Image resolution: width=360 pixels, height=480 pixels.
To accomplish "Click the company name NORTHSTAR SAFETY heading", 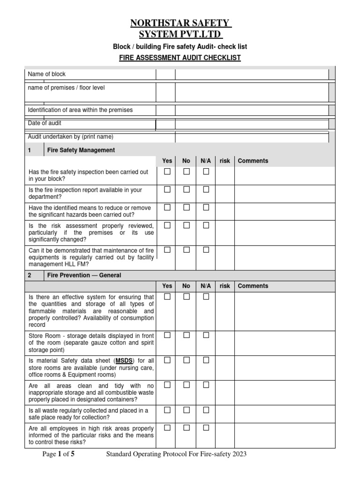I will click(x=180, y=23).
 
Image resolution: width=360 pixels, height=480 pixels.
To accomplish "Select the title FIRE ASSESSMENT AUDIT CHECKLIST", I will click(x=180, y=58).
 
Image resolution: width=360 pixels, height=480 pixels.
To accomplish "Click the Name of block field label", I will click(x=47, y=74).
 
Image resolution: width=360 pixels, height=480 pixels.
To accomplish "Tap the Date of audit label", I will click(x=45, y=123).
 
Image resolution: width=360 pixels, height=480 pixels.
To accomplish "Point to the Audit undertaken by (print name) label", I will click(x=71, y=137).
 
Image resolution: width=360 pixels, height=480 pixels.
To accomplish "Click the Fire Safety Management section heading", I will click(x=81, y=150).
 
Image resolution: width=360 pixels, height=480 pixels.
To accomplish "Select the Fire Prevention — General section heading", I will click(x=84, y=275).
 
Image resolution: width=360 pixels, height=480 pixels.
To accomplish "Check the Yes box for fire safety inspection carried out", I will click(x=167, y=172).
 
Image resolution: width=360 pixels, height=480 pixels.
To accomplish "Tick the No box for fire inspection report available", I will click(x=186, y=190).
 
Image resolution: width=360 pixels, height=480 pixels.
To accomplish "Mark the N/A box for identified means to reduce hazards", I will click(x=206, y=208).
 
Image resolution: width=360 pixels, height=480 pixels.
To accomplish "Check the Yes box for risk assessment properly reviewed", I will click(x=167, y=225).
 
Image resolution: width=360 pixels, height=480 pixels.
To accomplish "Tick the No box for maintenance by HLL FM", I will click(x=186, y=250).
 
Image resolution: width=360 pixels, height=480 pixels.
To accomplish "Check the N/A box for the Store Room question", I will click(x=206, y=336).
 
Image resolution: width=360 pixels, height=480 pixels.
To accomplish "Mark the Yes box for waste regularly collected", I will click(x=167, y=410).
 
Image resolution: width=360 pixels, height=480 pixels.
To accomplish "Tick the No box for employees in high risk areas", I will click(x=186, y=428).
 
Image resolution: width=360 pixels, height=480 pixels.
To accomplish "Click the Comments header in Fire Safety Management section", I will click(x=253, y=161).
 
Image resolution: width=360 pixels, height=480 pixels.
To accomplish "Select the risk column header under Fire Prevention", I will click(x=225, y=286).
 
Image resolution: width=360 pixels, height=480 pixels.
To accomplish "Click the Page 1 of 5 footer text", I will click(x=59, y=454).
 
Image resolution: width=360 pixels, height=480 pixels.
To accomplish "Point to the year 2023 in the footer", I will click(x=238, y=454).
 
